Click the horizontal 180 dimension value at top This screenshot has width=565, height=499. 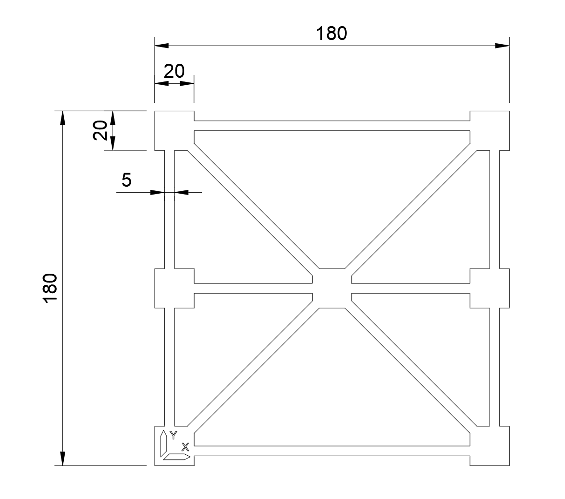coord(331,34)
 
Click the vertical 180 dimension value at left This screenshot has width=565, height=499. coord(50,288)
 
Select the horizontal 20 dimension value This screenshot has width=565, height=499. coord(174,71)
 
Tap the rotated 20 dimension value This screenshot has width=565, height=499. coord(100,130)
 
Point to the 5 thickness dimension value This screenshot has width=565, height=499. coord(126,180)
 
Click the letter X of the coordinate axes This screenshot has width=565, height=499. coord(185,447)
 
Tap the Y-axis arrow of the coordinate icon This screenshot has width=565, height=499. coord(163,444)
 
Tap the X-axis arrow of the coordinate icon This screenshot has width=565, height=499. coord(177,457)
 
